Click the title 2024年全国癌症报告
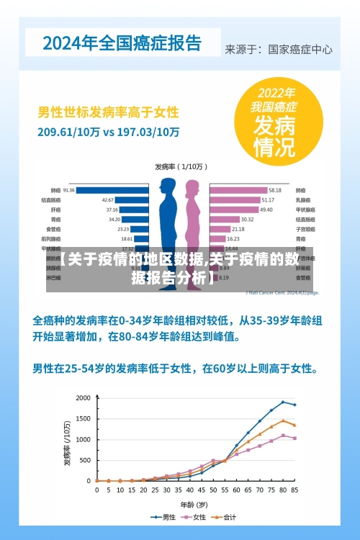point(122,43)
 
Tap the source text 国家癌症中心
point(300,50)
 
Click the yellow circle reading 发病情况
point(274,122)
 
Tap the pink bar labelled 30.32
point(223,219)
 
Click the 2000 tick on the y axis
point(84,398)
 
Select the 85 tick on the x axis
point(294,490)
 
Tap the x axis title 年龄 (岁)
point(195,504)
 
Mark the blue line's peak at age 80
point(283,402)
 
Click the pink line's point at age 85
point(294,438)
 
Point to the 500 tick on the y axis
point(86,460)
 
